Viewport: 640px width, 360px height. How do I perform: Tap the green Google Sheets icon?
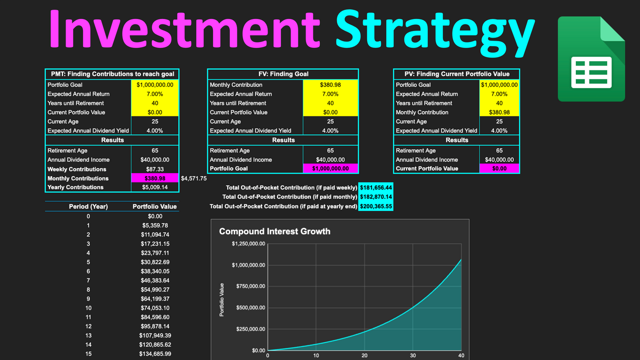click(x=591, y=59)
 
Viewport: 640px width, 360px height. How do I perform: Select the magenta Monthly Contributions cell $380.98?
click(x=155, y=178)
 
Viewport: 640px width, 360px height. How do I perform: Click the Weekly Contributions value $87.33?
click(x=155, y=169)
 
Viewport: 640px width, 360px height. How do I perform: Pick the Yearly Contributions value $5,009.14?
click(x=155, y=187)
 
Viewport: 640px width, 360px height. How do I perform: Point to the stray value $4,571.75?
click(x=194, y=178)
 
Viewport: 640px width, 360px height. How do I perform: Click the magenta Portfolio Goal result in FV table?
click(x=330, y=168)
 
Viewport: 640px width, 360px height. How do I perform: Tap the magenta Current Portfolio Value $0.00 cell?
click(x=499, y=168)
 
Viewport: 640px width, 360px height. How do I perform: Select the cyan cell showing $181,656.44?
click(x=376, y=188)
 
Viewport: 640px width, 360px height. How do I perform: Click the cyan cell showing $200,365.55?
click(x=376, y=206)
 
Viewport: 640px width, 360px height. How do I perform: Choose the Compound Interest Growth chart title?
click(x=275, y=231)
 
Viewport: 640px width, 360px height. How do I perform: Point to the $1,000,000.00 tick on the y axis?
click(x=248, y=265)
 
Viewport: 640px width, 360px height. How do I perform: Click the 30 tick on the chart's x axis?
click(x=413, y=356)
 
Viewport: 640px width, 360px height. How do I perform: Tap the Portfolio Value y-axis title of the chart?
click(x=222, y=300)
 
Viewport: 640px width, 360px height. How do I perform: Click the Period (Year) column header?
click(x=88, y=206)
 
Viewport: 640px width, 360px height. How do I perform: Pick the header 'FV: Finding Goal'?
click(x=283, y=74)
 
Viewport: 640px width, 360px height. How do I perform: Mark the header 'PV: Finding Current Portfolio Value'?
click(x=457, y=74)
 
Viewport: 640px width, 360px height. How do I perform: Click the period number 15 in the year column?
click(x=88, y=354)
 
